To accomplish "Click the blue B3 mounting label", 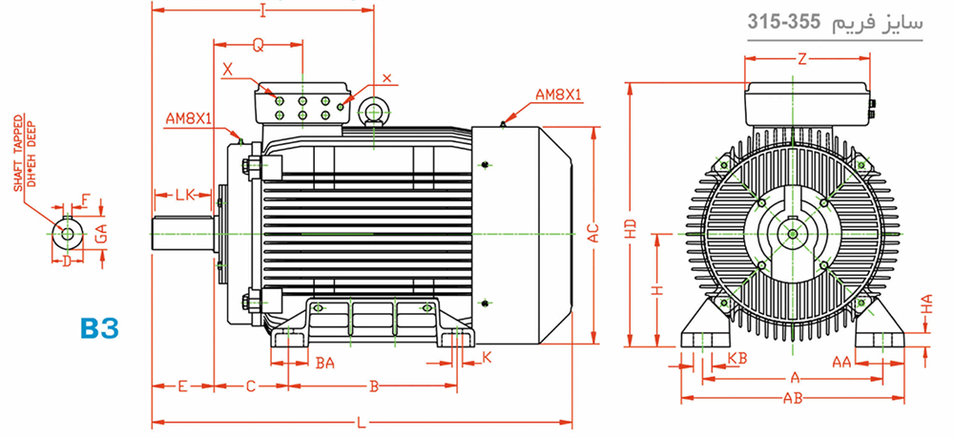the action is click(100, 328).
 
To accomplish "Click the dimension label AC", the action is click(593, 233).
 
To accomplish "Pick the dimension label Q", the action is click(259, 46).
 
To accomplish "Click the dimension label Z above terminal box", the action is click(802, 59).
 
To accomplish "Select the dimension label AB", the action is click(793, 399).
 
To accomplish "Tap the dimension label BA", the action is click(325, 364).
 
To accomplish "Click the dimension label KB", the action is click(737, 358).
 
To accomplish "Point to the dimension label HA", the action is click(927, 304).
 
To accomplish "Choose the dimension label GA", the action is click(102, 233).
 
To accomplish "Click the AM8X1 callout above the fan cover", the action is click(558, 94).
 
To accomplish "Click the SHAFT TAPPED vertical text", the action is click(18, 153).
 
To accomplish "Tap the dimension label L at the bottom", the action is click(361, 422).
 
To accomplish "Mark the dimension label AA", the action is click(842, 363).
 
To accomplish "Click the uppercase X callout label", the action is click(228, 70).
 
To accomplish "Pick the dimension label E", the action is click(182, 386).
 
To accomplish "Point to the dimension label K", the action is click(487, 357).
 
